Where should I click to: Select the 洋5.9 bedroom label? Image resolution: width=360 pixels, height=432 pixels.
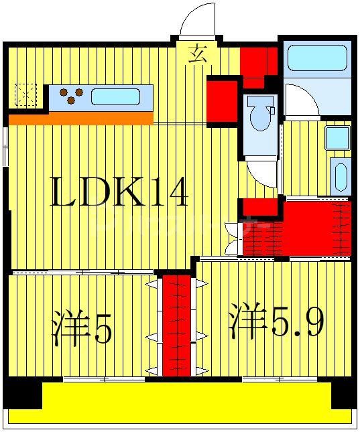pyautogui.click(x=277, y=322)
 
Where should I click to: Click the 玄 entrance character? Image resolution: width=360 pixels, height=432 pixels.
pyautogui.click(x=196, y=54)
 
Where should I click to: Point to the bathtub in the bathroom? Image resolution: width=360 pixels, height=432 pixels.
pyautogui.click(x=315, y=58)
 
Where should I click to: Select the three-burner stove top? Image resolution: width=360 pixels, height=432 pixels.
pyautogui.click(x=70, y=96)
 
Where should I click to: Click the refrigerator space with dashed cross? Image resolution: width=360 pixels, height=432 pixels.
pyautogui.click(x=26, y=94)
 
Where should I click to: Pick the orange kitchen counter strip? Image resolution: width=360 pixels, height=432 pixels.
pyautogui.click(x=81, y=119)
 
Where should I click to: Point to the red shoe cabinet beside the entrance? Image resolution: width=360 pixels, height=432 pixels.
pyautogui.click(x=259, y=66)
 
